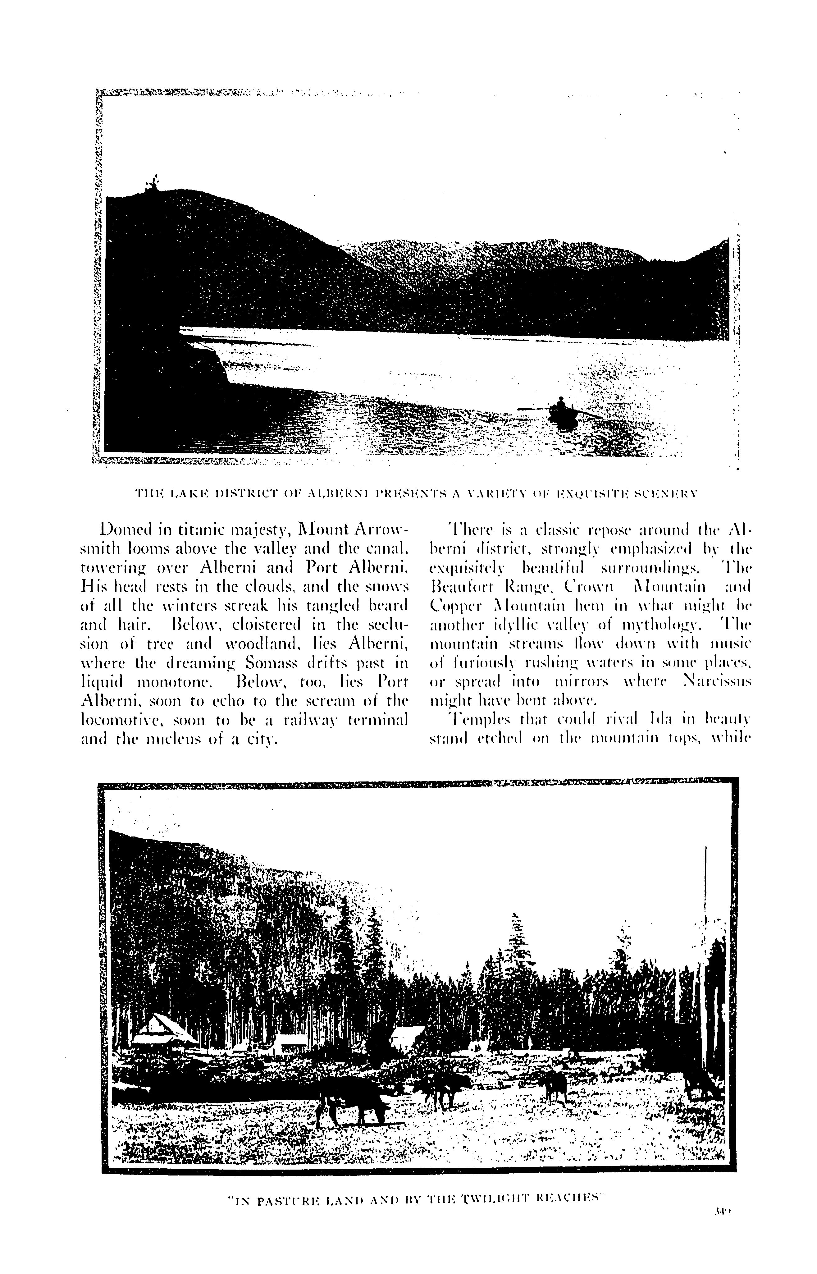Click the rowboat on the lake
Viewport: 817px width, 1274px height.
coord(562,411)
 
